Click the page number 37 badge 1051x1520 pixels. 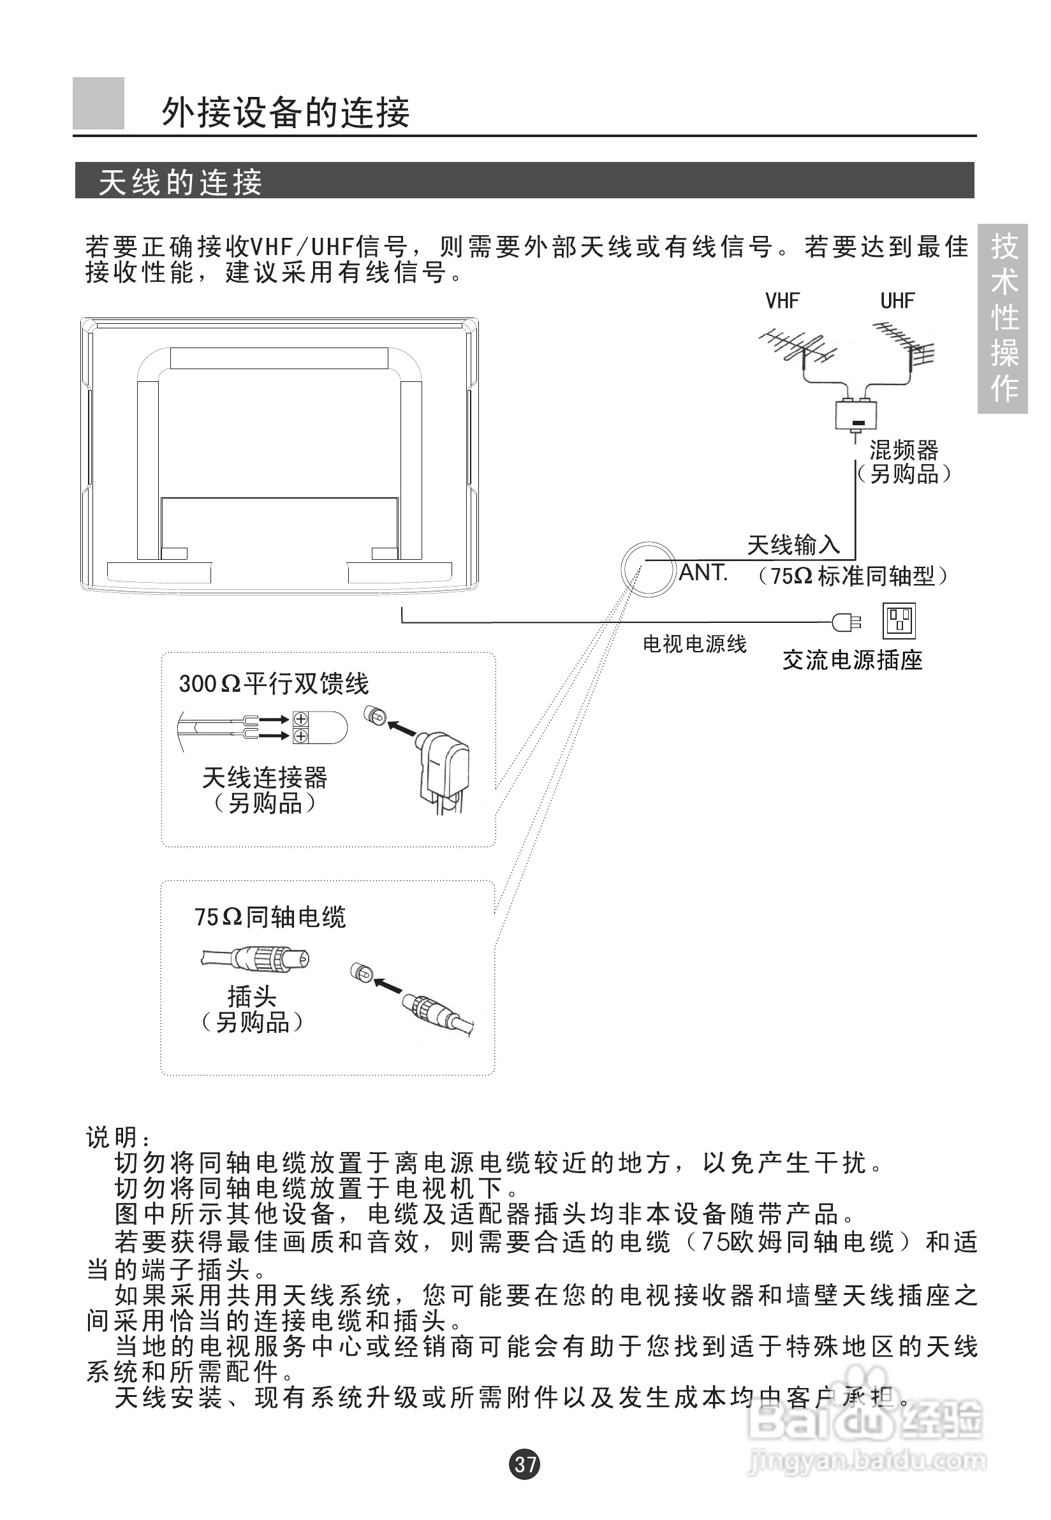(x=525, y=1463)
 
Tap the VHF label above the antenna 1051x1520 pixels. (x=782, y=301)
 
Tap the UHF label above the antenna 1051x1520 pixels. (x=897, y=301)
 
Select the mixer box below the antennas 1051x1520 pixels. (x=856, y=414)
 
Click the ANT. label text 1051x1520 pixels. (x=703, y=573)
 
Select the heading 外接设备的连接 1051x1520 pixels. (x=286, y=112)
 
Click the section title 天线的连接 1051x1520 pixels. (x=180, y=182)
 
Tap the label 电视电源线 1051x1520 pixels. (x=695, y=644)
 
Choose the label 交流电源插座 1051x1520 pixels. (x=852, y=660)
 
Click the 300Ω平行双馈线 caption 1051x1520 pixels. (x=274, y=683)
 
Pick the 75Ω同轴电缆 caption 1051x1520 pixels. (x=270, y=916)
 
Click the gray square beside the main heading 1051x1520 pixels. (x=98, y=103)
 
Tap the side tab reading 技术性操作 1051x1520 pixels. (x=1003, y=318)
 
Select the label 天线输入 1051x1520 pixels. (x=793, y=544)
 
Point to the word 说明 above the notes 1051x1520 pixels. (x=112, y=1137)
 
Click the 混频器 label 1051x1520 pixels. (x=904, y=450)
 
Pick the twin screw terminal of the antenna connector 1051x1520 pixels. (x=300, y=727)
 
